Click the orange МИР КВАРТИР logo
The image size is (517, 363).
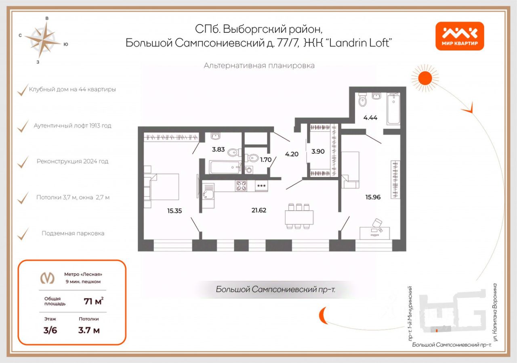[460, 36]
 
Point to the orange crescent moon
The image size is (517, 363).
[323, 315]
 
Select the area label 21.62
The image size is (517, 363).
[258, 210]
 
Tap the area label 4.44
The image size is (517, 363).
[370, 118]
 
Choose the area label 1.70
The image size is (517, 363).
[266, 159]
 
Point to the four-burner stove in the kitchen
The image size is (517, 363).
[242, 186]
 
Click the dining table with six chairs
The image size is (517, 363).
[299, 217]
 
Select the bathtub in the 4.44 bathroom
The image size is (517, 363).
[393, 109]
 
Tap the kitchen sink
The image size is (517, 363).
[208, 195]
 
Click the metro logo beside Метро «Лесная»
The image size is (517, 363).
[47, 278]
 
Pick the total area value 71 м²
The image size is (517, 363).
[93, 301]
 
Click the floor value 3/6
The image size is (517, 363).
[50, 330]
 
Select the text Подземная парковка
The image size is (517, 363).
[73, 233]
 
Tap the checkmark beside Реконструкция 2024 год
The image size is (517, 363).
[23, 162]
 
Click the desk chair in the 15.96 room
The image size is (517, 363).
[377, 223]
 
